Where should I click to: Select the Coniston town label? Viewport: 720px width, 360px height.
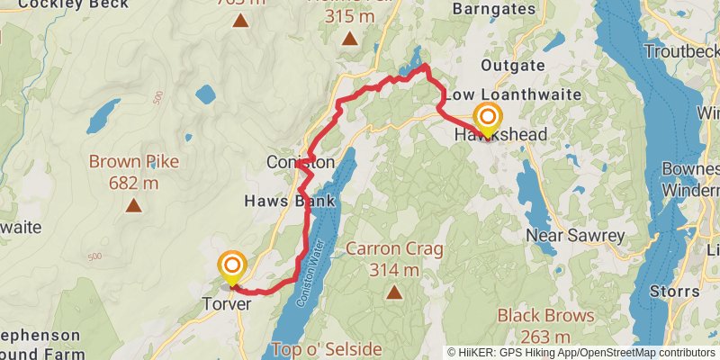coord(300,163)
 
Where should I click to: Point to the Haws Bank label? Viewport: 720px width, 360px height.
coord(290,201)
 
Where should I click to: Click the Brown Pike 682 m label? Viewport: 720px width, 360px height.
coord(133,172)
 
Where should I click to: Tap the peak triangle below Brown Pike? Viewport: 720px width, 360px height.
coord(133,206)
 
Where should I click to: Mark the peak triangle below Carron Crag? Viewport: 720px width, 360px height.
coord(394,292)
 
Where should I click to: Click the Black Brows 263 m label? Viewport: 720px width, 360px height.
coord(546,326)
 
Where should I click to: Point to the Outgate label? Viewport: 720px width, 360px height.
coord(513,66)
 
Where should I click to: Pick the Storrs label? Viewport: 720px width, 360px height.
coord(673,292)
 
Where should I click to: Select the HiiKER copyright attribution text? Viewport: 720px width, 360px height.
coord(580,353)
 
